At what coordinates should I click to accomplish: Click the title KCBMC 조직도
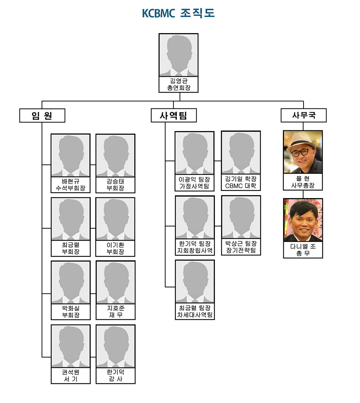[178, 13]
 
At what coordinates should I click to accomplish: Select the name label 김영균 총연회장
[179, 84]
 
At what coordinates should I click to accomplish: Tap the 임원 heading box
[42, 116]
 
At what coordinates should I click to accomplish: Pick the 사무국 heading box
[303, 116]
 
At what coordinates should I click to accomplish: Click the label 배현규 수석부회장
[71, 184]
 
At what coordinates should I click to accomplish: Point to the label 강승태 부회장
[116, 184]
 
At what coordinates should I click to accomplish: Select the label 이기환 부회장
[116, 248]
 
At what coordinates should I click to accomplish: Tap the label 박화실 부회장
[71, 312]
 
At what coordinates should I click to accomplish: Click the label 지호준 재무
[116, 312]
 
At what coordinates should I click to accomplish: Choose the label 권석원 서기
[71, 375]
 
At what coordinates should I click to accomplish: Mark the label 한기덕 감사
[116, 375]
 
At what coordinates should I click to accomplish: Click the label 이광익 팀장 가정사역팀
[194, 183]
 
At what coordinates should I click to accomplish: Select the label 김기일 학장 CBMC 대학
[240, 182]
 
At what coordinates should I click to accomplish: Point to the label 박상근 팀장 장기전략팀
[241, 247]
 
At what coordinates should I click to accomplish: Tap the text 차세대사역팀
[195, 315]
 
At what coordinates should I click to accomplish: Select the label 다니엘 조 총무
[303, 250]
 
